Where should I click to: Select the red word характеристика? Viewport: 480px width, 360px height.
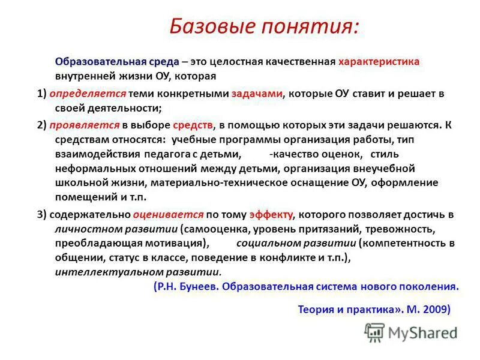tap(379, 62)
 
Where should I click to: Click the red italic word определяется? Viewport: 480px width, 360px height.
tap(88, 94)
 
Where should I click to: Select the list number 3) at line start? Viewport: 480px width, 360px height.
tap(41, 214)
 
